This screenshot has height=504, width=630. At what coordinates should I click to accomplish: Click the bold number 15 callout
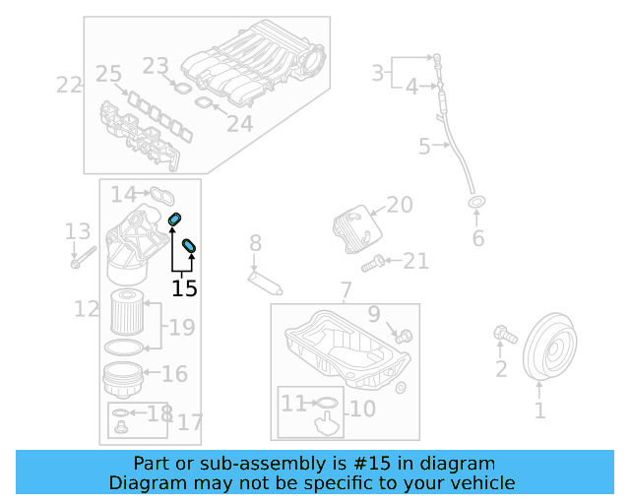click(184, 288)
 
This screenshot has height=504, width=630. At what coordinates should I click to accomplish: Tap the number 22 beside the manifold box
click(69, 85)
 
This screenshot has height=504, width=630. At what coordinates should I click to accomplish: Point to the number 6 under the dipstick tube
click(478, 238)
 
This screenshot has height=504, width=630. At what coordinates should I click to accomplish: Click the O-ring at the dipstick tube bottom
click(477, 204)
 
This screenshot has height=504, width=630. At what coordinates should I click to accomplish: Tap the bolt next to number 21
click(371, 263)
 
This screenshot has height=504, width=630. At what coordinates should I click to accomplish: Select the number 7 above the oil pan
click(346, 290)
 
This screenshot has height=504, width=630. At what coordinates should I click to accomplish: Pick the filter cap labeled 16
click(122, 378)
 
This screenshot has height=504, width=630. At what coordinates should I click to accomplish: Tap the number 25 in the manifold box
click(108, 74)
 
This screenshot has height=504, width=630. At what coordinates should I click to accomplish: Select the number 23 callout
click(156, 66)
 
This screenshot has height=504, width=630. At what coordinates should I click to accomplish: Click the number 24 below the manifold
click(240, 123)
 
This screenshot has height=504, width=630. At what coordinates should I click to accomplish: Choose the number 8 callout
click(255, 242)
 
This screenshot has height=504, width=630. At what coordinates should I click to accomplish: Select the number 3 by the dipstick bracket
click(377, 72)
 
